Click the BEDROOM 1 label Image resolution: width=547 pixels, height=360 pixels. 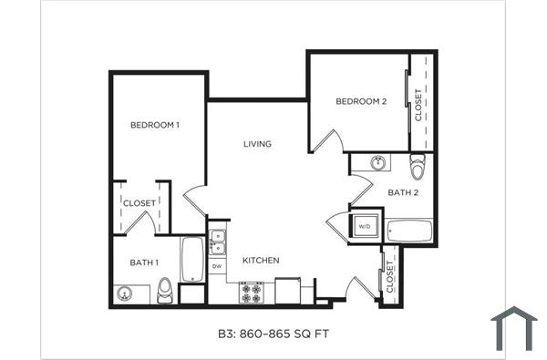point(154,125)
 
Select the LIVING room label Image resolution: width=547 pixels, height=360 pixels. point(257,144)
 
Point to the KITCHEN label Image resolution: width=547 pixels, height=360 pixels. point(260,261)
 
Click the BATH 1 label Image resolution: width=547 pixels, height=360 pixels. point(143,262)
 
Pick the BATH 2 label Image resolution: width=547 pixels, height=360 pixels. point(403,192)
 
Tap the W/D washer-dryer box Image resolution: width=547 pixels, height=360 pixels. point(363,225)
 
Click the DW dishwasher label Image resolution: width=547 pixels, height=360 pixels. point(217,266)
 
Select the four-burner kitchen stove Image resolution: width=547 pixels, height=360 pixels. point(251,293)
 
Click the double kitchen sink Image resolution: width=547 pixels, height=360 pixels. point(217,242)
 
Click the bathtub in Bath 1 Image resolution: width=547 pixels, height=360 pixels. point(192,259)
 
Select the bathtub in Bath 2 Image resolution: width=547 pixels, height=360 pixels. point(410,231)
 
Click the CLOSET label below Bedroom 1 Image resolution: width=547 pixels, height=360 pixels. point(139,202)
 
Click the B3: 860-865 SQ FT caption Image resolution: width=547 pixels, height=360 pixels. point(273,334)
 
